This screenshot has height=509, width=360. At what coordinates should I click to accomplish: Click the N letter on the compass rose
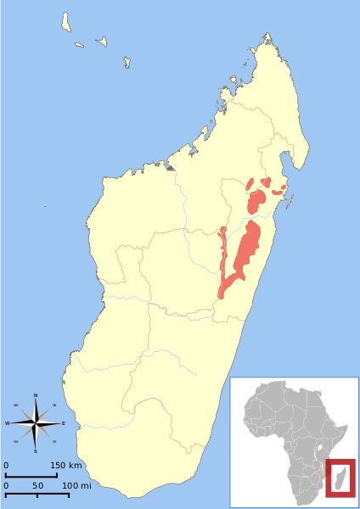36,395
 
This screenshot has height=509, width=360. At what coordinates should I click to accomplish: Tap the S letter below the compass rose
36,450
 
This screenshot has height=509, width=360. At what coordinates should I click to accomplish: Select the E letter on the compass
63,422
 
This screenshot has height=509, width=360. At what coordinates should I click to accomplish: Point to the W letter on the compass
8,422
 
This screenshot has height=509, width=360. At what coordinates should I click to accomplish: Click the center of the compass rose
36,422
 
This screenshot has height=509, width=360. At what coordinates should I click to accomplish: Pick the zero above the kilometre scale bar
6,466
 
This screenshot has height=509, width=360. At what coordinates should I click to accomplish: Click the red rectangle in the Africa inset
340,478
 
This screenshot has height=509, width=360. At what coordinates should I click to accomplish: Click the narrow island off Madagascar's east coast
290,201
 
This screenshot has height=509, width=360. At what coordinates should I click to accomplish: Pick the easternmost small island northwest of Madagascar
127,61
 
